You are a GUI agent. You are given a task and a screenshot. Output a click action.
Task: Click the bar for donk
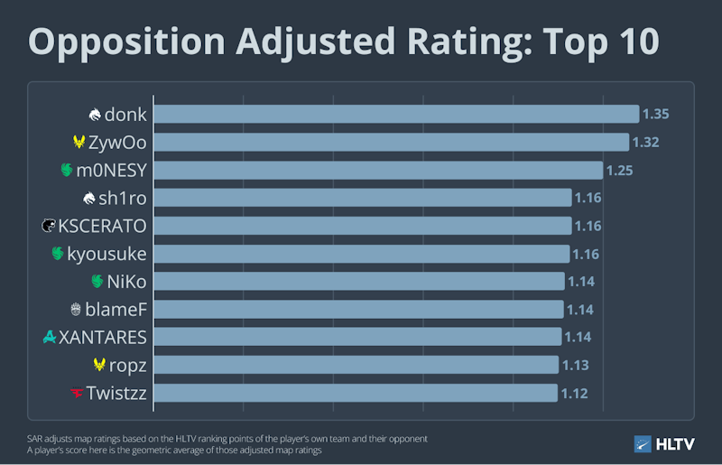396,114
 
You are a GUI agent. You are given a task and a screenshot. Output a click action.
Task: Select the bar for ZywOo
392,142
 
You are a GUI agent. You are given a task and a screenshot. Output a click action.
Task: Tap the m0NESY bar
378,170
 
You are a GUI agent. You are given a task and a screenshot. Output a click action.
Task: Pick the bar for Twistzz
356,393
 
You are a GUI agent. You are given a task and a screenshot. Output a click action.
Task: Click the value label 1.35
656,114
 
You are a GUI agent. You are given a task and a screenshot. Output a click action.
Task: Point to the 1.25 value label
619,171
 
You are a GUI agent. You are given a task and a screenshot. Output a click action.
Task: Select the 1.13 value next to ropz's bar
576,365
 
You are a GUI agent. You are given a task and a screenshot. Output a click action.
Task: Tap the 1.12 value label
574,393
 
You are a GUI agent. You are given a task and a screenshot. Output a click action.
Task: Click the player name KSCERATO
102,226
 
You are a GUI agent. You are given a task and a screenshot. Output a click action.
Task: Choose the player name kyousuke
106,254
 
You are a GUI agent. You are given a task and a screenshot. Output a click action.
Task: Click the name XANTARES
103,338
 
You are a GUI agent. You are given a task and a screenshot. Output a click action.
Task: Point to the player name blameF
116,309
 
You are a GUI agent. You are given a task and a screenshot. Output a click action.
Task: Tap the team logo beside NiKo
97,281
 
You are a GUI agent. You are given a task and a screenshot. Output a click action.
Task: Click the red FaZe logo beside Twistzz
77,393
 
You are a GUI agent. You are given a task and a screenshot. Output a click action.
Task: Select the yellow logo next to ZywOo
79,142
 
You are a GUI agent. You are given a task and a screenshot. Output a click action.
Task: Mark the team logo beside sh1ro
88,198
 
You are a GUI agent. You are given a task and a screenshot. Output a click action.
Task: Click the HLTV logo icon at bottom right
643,444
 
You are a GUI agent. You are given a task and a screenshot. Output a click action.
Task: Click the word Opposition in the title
126,42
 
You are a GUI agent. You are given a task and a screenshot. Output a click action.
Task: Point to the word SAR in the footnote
34,439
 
